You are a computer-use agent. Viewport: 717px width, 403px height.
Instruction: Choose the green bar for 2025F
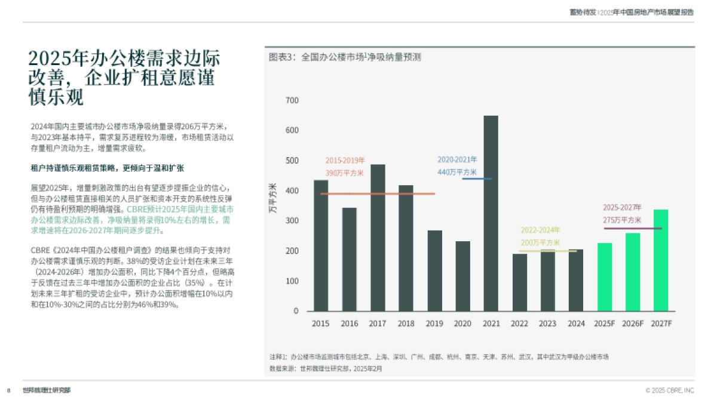[x=604, y=277]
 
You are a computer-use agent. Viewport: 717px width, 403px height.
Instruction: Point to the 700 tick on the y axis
[x=292, y=100]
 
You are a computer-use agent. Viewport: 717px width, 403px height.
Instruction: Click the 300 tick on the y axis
[x=292, y=221]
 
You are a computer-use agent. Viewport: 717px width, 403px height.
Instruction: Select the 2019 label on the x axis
[x=434, y=324]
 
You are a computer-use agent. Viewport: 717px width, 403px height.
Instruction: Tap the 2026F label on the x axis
[x=632, y=324]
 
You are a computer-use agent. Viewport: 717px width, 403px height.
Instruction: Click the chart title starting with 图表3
[x=345, y=57]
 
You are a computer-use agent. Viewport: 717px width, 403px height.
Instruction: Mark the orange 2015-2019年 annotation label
[x=345, y=161]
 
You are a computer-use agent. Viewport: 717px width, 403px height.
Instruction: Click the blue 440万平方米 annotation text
[x=457, y=172]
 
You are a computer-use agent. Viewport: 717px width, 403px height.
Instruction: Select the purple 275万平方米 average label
[x=621, y=220]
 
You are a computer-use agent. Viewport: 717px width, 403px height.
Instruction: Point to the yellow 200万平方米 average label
[x=540, y=242]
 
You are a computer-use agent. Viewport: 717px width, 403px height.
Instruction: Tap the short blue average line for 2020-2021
[x=477, y=179]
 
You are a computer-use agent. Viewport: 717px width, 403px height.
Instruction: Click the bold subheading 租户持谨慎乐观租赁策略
[x=107, y=168]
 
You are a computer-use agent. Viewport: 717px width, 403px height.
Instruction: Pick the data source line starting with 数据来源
[x=326, y=368]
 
